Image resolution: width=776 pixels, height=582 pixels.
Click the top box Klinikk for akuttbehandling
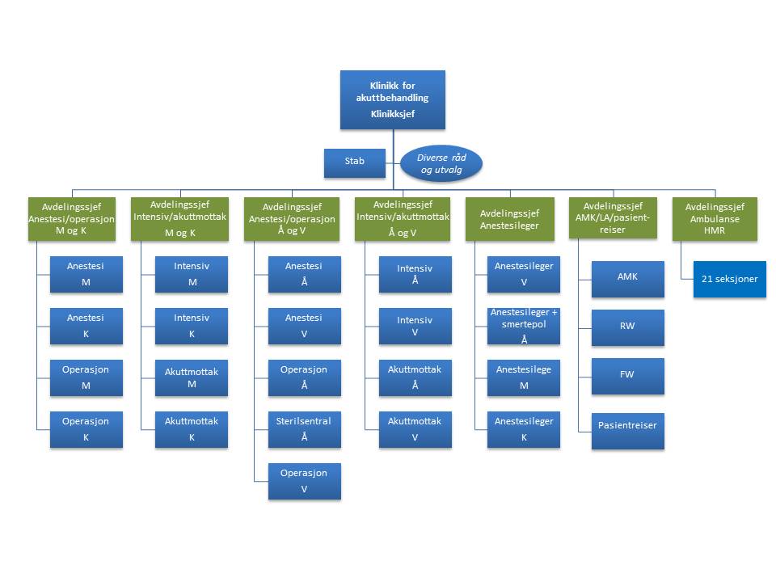point(392,99)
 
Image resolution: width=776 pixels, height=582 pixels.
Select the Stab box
point(354,162)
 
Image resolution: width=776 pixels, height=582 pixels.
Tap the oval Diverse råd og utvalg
point(441,163)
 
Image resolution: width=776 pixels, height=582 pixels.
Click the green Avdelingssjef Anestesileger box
point(510,219)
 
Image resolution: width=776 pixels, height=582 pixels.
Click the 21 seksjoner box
point(729,279)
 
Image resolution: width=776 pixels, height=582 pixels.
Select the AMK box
point(627,276)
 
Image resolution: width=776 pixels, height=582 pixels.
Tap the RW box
point(627,327)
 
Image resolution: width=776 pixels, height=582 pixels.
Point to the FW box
point(627,376)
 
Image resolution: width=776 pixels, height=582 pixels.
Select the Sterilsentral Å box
point(304,429)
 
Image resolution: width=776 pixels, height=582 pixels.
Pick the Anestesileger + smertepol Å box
point(523,326)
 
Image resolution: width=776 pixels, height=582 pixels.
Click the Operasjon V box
point(304,481)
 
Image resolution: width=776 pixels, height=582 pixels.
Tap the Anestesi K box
point(86,326)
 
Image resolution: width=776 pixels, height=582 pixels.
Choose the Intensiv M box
point(192,274)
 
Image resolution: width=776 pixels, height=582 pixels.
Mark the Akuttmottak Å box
point(415,377)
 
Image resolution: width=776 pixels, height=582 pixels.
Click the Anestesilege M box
point(523,377)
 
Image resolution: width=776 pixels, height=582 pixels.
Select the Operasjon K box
point(86,429)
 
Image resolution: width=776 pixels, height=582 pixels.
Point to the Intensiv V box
point(415,326)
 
